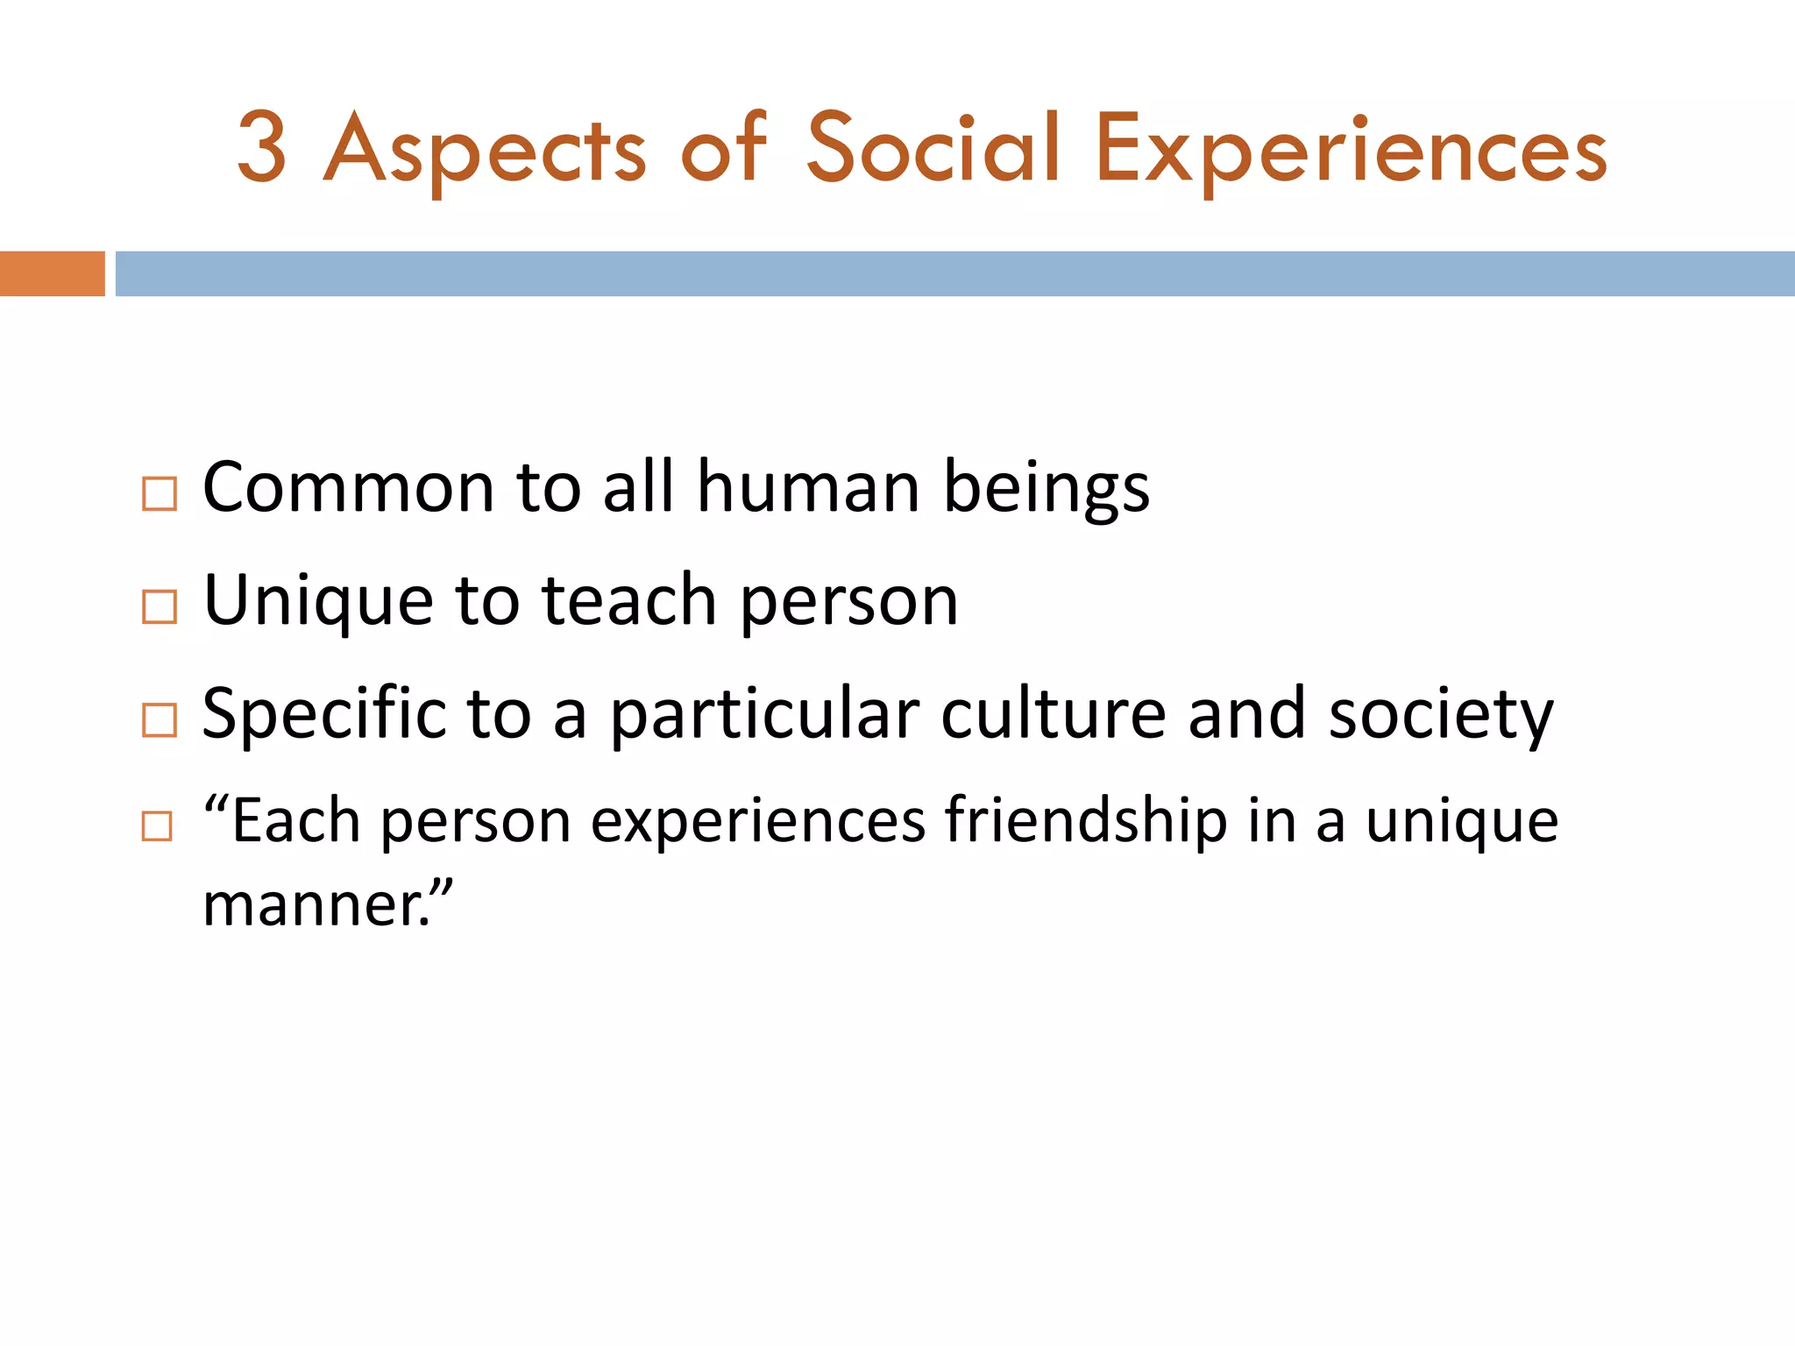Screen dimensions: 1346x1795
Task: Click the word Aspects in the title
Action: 485,151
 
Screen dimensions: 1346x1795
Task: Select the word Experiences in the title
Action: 1351,151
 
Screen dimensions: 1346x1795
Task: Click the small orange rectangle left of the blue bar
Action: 52,273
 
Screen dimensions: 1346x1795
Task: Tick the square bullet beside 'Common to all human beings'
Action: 160,493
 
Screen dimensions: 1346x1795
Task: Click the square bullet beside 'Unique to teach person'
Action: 160,606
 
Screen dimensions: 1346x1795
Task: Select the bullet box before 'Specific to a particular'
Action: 160,719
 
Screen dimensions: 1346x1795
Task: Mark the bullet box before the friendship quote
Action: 157,826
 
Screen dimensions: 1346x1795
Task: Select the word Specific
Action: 323,715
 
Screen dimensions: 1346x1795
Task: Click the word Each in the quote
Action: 294,821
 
